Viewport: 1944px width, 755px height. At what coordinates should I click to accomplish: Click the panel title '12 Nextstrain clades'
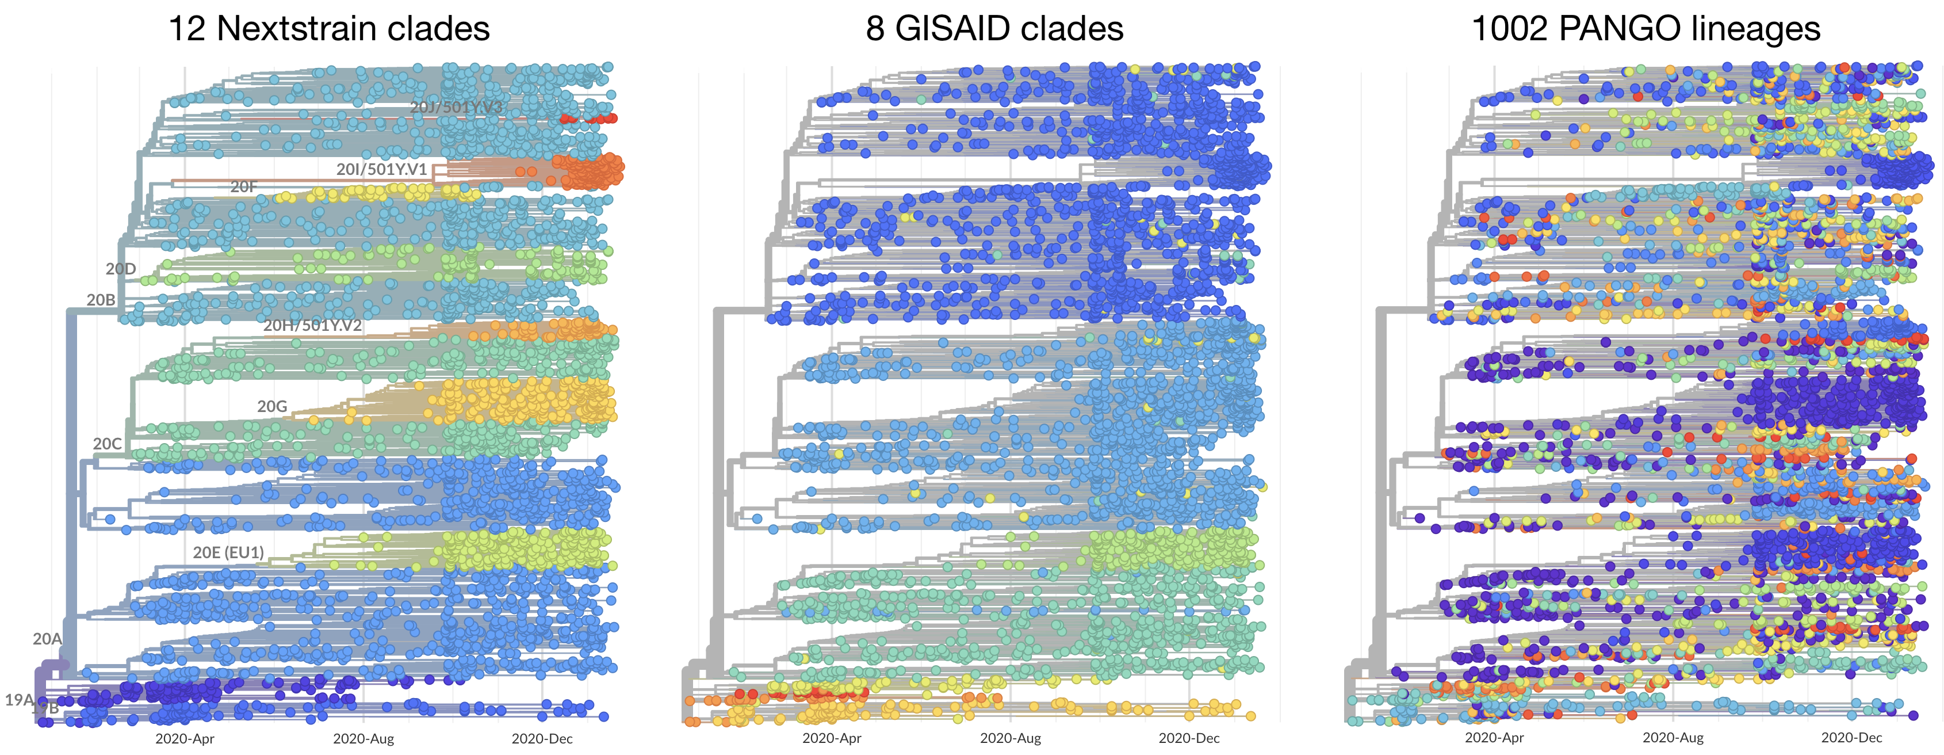tap(329, 29)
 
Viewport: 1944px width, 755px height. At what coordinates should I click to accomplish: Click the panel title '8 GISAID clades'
tap(994, 29)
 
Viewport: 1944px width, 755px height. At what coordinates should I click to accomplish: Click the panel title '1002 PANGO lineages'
tap(1646, 29)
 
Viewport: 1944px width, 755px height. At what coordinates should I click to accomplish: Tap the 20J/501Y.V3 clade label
tap(456, 107)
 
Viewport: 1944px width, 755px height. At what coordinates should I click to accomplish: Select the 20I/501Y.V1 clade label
tap(381, 170)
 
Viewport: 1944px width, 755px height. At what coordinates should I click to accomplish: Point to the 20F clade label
tap(244, 186)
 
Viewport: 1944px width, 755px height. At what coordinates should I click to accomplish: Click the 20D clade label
tap(121, 269)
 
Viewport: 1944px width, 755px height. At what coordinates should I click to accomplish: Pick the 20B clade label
tap(101, 300)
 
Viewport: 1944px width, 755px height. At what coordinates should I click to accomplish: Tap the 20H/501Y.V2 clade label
tap(312, 325)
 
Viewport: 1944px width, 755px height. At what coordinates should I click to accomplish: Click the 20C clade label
tap(107, 444)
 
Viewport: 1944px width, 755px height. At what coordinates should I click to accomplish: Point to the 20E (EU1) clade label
tap(229, 552)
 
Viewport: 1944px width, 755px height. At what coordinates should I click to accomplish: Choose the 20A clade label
tap(47, 639)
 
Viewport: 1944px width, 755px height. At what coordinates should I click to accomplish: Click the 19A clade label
tap(19, 700)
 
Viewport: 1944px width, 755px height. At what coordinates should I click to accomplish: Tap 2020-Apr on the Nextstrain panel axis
tap(185, 738)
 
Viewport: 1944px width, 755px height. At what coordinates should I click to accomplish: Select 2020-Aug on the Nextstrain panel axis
tap(363, 738)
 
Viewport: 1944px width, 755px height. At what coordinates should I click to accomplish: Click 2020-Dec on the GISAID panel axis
tap(1189, 738)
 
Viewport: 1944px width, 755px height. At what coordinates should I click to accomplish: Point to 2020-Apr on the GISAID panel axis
tap(832, 738)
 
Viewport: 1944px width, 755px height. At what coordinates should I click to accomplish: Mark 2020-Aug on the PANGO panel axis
tap(1673, 738)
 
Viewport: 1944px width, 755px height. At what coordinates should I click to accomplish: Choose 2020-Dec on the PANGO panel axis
tap(1851, 738)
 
